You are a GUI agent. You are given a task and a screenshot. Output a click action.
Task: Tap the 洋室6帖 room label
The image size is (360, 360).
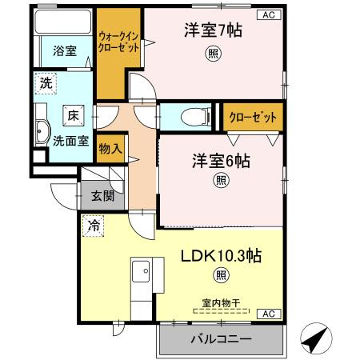pos(219,160)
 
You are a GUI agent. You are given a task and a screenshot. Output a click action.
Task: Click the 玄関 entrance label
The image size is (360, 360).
pos(102,196)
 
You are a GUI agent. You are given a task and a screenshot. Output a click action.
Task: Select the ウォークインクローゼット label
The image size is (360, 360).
pos(118,42)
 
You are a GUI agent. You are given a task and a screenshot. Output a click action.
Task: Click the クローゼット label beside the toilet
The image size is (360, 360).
pos(253,118)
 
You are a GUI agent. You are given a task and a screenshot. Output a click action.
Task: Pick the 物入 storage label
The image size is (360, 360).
pos(110,149)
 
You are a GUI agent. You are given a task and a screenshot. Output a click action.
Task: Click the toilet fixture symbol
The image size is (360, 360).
pos(190,117)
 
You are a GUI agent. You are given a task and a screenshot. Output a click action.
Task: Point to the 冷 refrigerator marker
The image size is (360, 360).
pos(94,226)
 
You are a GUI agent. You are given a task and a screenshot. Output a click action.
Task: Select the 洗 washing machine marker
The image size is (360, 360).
pos(46,82)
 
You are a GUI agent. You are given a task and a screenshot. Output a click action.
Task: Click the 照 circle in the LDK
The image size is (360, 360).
pos(218,277)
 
